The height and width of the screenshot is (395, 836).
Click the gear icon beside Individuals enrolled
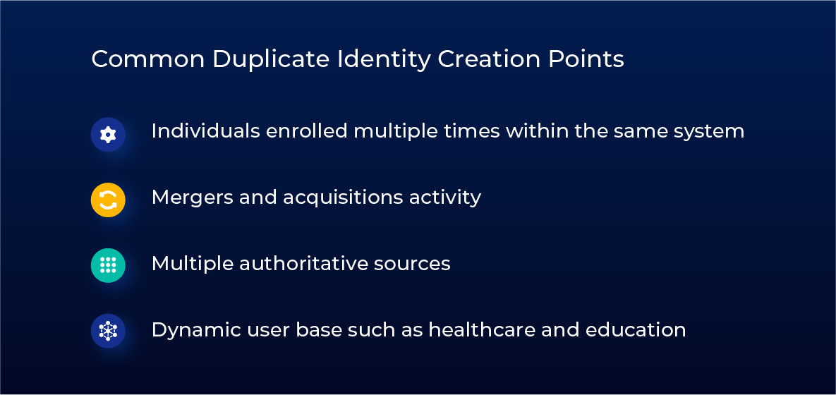pos(108,134)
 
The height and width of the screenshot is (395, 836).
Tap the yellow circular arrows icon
pos(108,200)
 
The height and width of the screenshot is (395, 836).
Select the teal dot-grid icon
pos(108,265)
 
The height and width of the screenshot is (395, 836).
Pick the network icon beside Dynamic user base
pos(108,331)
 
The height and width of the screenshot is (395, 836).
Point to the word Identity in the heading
pos(383,60)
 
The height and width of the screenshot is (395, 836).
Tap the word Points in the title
pos(586,59)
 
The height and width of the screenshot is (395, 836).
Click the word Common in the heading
pos(148,59)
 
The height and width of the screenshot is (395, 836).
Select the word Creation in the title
pos(490,59)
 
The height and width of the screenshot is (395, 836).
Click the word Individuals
pos(205,130)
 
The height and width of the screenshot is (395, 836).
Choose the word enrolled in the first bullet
pos(307,130)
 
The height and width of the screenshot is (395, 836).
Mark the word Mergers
pos(192,197)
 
